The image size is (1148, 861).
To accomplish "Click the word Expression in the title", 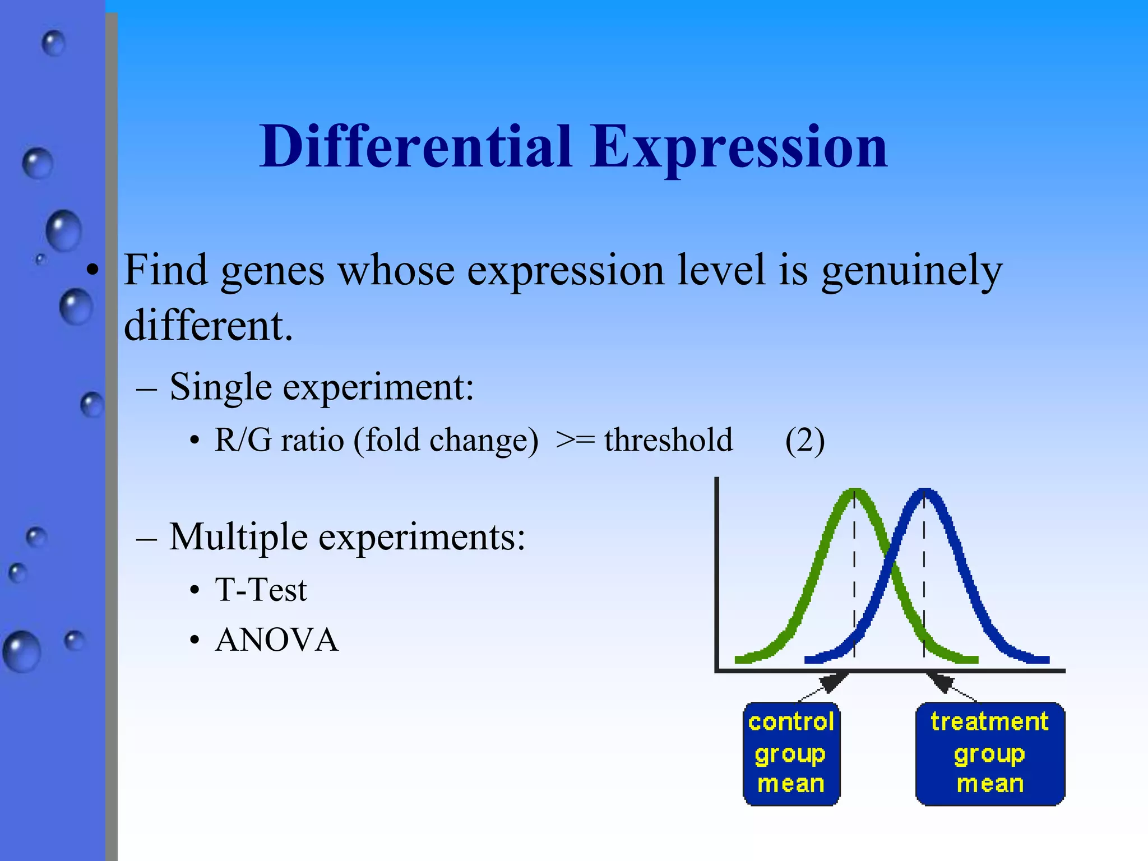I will (738, 148).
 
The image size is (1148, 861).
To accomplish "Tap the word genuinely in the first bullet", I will (911, 271).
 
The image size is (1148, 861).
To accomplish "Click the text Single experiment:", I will (321, 387).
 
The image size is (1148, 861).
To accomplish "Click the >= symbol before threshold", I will (575, 440).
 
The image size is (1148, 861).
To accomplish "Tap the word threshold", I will (668, 440).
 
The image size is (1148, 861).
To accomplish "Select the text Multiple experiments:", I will (347, 537).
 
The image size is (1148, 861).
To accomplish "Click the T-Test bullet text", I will (261, 590).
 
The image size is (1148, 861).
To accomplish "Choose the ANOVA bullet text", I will (277, 640).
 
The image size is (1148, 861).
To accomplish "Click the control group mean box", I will (791, 753).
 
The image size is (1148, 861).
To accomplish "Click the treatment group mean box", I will (990, 753).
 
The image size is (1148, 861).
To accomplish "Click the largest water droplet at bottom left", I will (22, 651).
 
